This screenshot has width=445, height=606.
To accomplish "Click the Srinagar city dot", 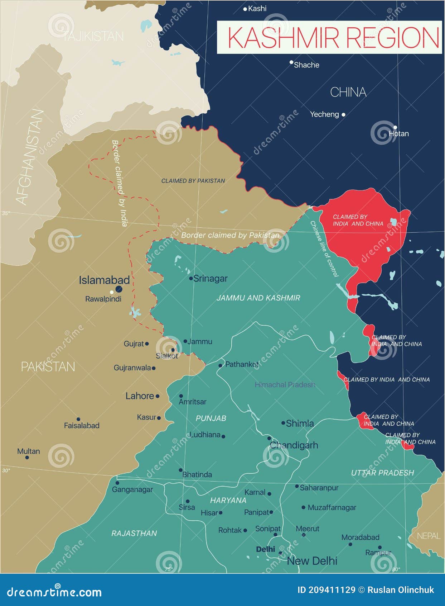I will click(191, 278).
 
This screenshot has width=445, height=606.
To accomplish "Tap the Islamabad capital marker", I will click(119, 289).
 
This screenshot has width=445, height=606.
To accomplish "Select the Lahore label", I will click(140, 396).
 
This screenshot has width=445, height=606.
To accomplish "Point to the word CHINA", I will click(348, 93).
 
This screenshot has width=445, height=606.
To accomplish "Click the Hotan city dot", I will click(395, 127).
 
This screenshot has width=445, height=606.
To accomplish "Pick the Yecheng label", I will click(324, 114).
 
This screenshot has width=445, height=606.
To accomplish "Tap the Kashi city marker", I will click(245, 9).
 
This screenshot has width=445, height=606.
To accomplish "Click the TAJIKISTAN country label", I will click(93, 37).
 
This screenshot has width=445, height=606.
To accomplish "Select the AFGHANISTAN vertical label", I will click(29, 158).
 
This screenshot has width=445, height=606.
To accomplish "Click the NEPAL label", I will click(429, 536).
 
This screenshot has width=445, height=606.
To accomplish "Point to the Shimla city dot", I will click(283, 423).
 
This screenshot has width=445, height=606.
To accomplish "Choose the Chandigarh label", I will click(294, 445).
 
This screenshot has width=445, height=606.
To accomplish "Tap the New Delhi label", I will click(312, 561).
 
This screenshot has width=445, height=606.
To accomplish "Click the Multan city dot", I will click(27, 457).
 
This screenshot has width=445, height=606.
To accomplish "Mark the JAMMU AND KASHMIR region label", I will click(258, 298).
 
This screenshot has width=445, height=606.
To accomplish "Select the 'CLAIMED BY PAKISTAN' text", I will click(193, 181).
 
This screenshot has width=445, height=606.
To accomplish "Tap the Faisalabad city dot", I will click(78, 419).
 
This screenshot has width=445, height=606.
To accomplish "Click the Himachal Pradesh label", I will click(285, 385).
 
